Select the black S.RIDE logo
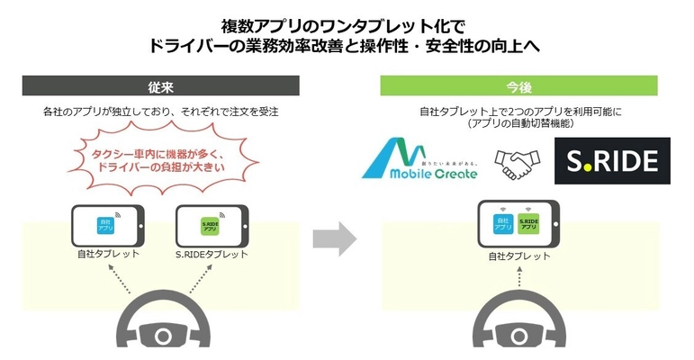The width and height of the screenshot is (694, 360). (x=612, y=161)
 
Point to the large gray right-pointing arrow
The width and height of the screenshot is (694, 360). (x=334, y=240)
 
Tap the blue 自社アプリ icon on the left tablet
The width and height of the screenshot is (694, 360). (x=105, y=224)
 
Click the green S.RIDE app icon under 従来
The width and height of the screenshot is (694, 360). (x=210, y=224)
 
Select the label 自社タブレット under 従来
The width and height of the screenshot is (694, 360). (x=108, y=255)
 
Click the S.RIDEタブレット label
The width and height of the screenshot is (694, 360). (x=212, y=255)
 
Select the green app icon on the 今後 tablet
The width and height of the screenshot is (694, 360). (x=529, y=224)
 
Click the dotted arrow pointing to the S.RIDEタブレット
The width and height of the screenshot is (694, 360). (x=191, y=281)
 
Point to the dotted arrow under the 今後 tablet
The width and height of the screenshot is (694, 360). (x=519, y=278)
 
